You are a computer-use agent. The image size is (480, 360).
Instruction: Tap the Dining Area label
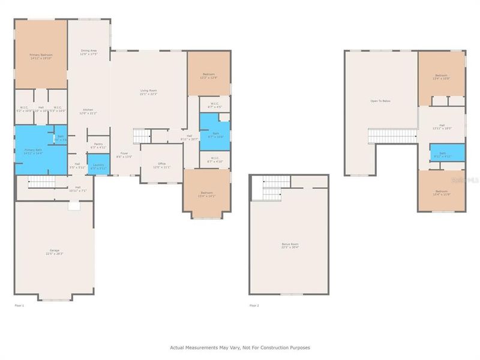pos(89,52)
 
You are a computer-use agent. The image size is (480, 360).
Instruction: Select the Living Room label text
pos(148,92)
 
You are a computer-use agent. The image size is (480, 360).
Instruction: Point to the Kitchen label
pos(89,112)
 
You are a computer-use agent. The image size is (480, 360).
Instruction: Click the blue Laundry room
pos(98,165)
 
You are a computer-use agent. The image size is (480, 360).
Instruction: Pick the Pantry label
pos(98,146)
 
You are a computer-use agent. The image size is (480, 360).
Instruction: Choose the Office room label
pos(161,164)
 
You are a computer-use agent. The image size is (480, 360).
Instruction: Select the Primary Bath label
pos(33,151)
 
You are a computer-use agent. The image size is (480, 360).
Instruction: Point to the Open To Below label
pos(380,101)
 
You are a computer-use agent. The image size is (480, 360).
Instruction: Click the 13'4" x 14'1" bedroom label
pos(206,194)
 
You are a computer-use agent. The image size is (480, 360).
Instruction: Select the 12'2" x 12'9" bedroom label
pos(208,76)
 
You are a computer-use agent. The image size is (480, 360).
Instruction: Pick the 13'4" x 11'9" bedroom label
pos(441,193)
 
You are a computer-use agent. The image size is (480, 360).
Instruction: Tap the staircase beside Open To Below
pos(391,136)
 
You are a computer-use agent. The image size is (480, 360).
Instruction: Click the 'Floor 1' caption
pos(20,305)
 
